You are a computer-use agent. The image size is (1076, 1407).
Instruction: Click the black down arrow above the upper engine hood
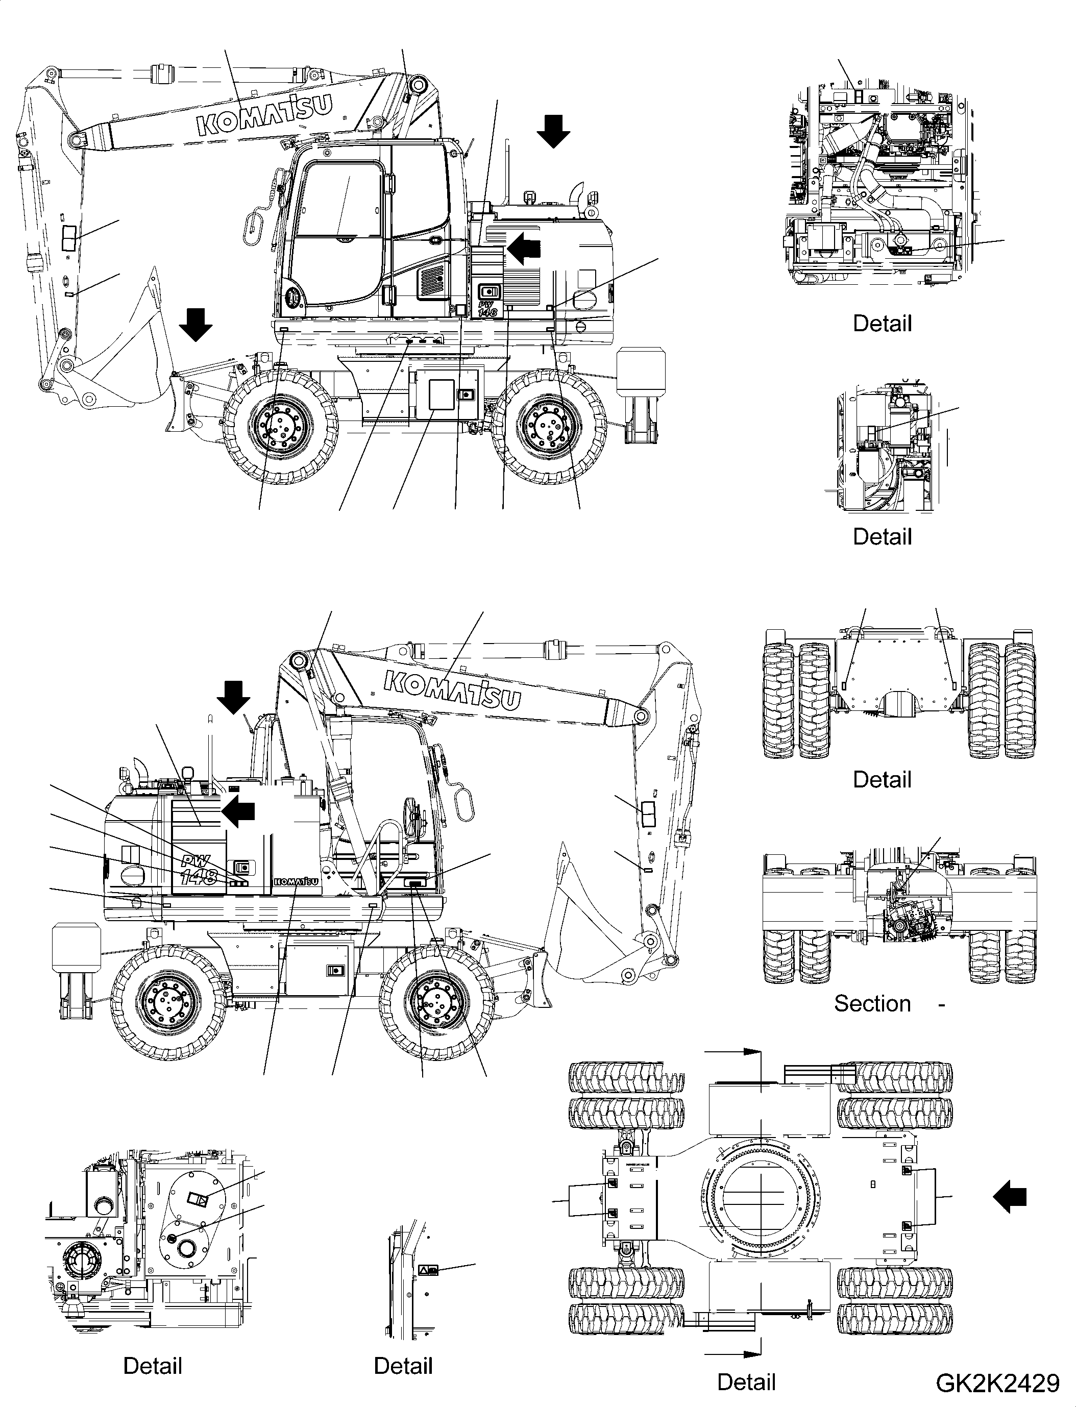pos(553,131)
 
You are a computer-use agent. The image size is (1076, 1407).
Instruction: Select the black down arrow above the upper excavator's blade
pos(195,324)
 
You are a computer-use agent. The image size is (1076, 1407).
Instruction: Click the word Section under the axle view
pos(872,1003)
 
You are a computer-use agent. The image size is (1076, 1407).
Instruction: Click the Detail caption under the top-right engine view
pos(882,324)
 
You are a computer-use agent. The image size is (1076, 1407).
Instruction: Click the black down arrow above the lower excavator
pos(233,697)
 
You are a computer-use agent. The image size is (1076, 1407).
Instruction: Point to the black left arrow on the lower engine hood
pos(238,811)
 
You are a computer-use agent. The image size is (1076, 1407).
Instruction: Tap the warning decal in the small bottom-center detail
pos(428,1269)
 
